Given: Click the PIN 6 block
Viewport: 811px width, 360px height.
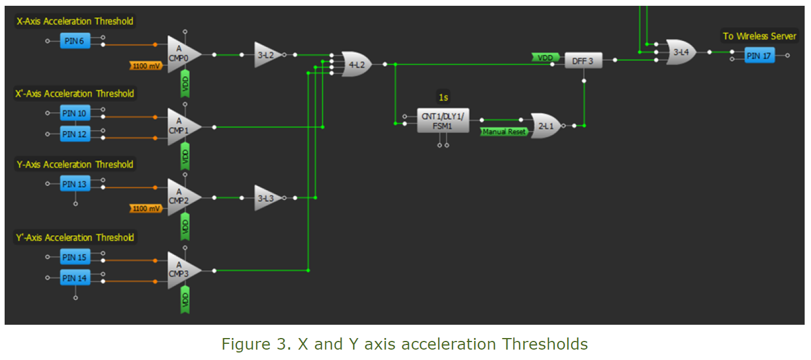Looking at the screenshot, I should pos(75,41).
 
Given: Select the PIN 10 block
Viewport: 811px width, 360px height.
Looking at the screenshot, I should pos(75,113).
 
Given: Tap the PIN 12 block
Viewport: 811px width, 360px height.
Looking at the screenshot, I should pos(75,134).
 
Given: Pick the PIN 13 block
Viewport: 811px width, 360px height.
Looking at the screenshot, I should pos(75,184).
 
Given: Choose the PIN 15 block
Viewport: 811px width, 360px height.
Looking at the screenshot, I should pos(75,257).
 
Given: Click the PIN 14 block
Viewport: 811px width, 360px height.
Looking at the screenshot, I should pos(75,279).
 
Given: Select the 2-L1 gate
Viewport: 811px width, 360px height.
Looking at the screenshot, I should pos(545,125).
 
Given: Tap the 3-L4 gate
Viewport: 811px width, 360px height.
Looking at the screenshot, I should pos(681,52).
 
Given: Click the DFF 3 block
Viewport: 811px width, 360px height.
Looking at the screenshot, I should pos(583,61).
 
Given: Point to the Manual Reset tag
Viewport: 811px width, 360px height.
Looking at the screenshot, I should pos(504,132).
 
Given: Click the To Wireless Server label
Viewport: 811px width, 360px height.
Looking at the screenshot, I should pos(759,36).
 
